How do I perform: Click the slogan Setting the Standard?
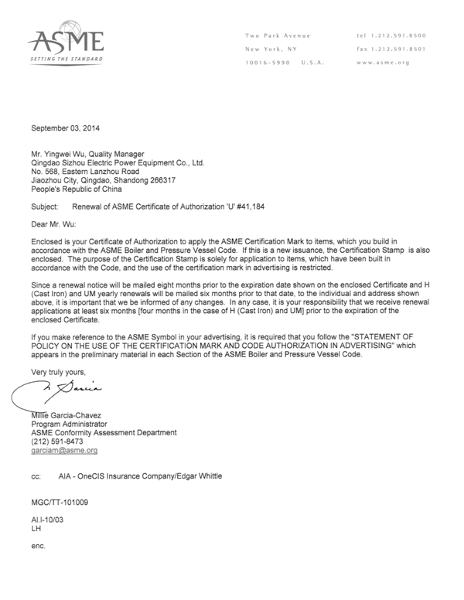tap(65, 60)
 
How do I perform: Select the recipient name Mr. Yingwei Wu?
tap(59, 153)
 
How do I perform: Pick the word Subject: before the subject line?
tap(44, 207)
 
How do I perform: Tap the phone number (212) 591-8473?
tap(56, 441)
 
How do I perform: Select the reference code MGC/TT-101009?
tap(60, 501)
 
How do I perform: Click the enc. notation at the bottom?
tap(38, 546)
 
